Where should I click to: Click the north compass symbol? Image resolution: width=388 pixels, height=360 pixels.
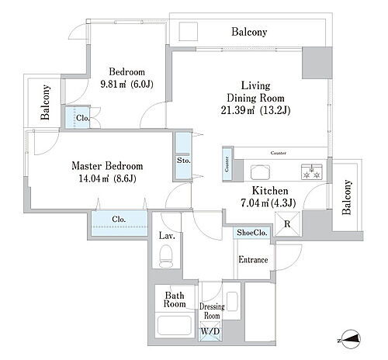[350, 339]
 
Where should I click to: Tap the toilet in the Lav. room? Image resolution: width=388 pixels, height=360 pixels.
[166, 256]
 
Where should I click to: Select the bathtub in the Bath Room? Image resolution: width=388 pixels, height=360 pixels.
[175, 325]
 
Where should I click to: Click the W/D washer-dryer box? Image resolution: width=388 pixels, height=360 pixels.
[210, 331]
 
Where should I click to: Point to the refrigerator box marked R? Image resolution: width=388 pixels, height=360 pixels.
[288, 224]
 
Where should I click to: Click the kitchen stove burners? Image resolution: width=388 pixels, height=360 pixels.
[312, 171]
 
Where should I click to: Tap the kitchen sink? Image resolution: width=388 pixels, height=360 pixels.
[260, 171]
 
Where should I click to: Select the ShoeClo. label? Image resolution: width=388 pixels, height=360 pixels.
[252, 233]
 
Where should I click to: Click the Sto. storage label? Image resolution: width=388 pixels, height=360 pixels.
[184, 161]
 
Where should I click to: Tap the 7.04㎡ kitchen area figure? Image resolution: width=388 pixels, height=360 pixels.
[255, 203]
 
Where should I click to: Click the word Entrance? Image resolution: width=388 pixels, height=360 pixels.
[253, 259]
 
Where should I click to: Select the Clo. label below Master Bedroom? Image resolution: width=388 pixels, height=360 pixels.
[119, 220]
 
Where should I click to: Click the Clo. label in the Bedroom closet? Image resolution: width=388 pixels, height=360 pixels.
[83, 118]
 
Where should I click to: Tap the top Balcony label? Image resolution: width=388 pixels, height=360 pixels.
[249, 32]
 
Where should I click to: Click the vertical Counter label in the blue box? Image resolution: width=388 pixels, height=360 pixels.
[227, 164]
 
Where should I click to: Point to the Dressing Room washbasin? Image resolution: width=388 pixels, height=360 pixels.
[232, 301]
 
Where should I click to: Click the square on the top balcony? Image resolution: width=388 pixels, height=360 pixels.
[189, 31]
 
